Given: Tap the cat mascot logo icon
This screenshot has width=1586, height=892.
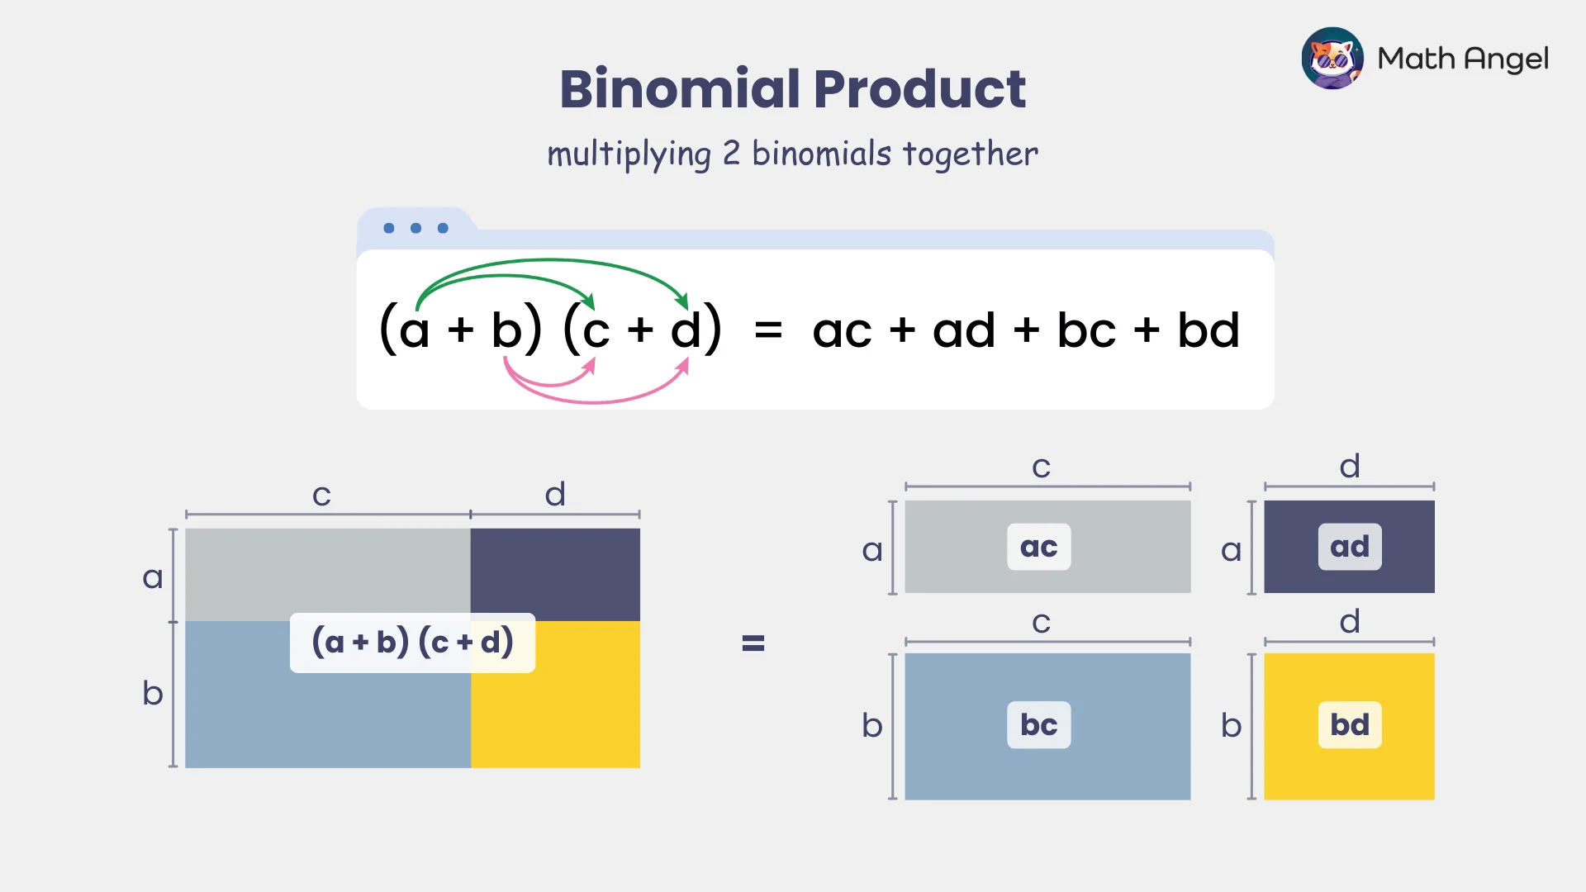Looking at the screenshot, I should (1332, 58).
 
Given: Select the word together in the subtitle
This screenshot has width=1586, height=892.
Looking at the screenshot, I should (970, 154).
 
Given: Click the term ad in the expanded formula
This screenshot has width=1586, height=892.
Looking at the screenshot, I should (963, 330).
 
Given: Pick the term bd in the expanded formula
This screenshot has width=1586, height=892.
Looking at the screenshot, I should (1208, 330).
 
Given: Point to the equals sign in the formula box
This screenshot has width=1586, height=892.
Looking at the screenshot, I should (768, 330).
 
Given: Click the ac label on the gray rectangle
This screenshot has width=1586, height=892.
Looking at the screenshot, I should (1038, 547).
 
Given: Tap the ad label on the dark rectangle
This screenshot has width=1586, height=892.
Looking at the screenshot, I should (1349, 547).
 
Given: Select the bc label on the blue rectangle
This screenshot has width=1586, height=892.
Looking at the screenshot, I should (1038, 725).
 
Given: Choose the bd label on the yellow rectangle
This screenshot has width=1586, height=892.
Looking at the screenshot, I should (1349, 725).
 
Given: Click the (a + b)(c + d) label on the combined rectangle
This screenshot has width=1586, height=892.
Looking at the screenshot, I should (412, 643).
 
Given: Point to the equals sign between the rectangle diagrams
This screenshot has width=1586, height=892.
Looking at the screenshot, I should (753, 643).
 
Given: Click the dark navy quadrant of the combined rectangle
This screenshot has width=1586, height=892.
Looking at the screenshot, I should (555, 570).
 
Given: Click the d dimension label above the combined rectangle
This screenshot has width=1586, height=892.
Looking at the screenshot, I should (555, 495).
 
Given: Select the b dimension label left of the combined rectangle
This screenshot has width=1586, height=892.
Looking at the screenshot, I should (153, 693).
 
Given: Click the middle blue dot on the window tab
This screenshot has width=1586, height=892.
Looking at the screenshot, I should (415, 228).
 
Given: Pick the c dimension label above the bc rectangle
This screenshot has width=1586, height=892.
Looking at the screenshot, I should (1041, 623).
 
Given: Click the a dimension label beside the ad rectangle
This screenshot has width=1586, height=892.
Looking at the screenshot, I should (1231, 550).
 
